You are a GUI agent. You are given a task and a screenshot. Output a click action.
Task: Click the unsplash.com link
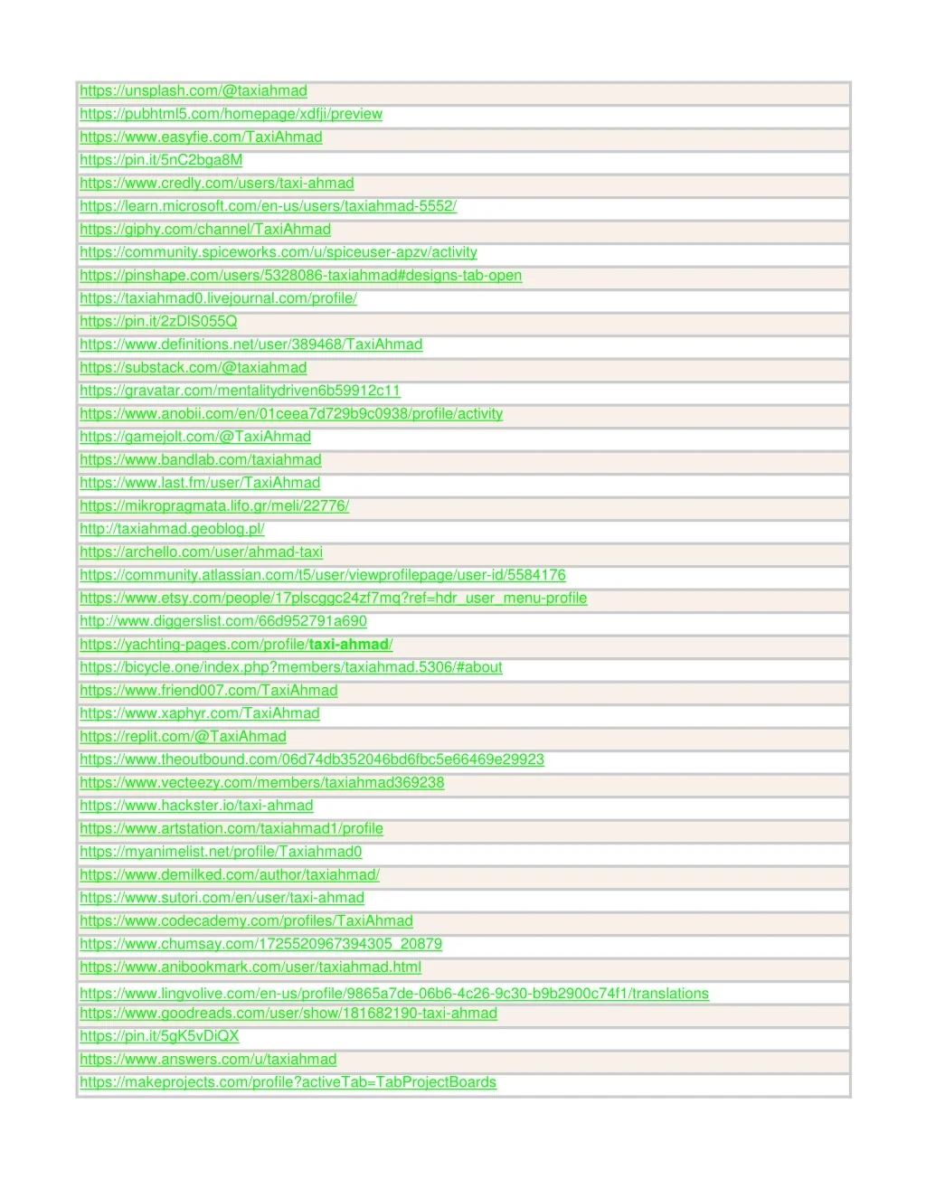pyautogui.click(x=193, y=91)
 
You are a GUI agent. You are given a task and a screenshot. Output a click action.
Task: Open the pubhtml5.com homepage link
pyautogui.click(x=231, y=114)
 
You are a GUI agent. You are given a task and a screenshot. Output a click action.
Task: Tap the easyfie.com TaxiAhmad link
pyautogui.click(x=201, y=137)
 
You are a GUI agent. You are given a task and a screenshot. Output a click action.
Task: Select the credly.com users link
pyautogui.click(x=216, y=184)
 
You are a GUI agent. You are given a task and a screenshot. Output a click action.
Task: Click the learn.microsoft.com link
pyautogui.click(x=268, y=206)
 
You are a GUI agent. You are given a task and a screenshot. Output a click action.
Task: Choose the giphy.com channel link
pyautogui.click(x=204, y=230)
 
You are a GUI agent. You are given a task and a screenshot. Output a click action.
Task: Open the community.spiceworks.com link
pyautogui.click(x=278, y=252)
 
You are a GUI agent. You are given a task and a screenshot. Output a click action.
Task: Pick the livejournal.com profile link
pyautogui.click(x=218, y=298)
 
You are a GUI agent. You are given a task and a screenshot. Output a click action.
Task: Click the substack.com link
pyautogui.click(x=193, y=368)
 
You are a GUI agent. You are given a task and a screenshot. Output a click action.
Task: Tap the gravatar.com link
pyautogui.click(x=240, y=391)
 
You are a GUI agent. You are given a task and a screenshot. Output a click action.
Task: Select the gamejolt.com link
pyautogui.click(x=194, y=437)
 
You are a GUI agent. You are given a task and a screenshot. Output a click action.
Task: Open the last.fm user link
pyautogui.click(x=200, y=483)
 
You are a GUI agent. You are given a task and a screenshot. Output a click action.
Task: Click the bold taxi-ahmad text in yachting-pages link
pyautogui.click(x=348, y=645)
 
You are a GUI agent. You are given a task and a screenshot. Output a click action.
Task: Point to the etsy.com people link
pyautogui.click(x=333, y=599)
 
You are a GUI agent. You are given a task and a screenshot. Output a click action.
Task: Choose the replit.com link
pyautogui.click(x=183, y=737)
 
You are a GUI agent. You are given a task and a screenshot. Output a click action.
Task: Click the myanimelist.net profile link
pyautogui.click(x=221, y=852)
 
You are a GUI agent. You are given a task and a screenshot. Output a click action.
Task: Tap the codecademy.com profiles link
pyautogui.click(x=246, y=921)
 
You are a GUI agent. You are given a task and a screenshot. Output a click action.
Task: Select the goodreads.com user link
pyautogui.click(x=288, y=1014)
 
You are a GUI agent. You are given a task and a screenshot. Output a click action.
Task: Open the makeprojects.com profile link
pyautogui.click(x=288, y=1082)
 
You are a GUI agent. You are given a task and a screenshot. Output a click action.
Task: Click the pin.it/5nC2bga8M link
pyautogui.click(x=161, y=160)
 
